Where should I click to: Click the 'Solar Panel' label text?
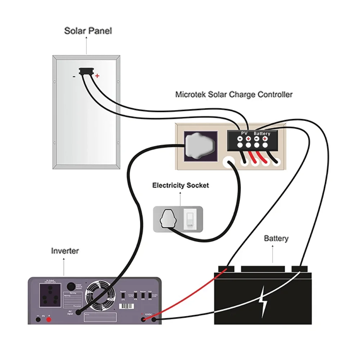[88, 31]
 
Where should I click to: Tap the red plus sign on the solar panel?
[97, 76]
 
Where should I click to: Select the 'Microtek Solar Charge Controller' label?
[234, 95]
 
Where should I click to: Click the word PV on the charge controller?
[244, 133]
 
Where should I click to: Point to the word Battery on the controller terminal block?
[262, 134]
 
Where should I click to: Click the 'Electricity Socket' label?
[180, 186]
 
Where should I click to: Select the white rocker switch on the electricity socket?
[189, 219]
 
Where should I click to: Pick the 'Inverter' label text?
[65, 251]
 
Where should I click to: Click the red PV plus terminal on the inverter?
[49, 319]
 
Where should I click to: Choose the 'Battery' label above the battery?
[276, 238]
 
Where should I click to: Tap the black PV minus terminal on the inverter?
[37, 319]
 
